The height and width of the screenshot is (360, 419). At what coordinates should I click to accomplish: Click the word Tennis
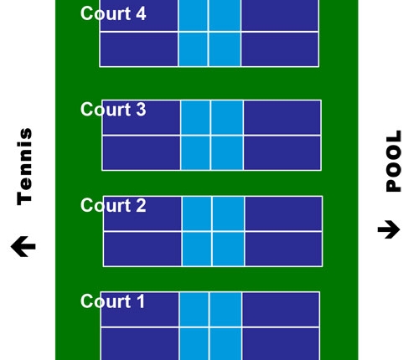click(x=24, y=167)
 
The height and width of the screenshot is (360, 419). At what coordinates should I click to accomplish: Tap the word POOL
click(x=394, y=161)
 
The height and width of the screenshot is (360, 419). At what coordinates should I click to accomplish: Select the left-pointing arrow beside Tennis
click(x=23, y=246)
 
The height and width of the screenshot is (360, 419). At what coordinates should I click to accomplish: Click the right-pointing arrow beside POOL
click(x=389, y=229)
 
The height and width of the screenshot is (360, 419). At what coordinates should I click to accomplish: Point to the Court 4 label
click(x=113, y=13)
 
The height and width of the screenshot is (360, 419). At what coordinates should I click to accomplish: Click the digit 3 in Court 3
click(x=141, y=110)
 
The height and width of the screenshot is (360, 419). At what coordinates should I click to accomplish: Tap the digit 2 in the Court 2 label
click(x=141, y=205)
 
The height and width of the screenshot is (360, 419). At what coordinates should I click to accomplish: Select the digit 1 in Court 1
click(x=141, y=301)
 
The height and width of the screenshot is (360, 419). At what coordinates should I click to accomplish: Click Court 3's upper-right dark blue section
click(x=282, y=117)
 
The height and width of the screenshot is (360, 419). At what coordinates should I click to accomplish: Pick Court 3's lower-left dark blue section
click(x=142, y=153)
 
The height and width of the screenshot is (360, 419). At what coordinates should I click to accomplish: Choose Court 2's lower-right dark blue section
click(x=283, y=249)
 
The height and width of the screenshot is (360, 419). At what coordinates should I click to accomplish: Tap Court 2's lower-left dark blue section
click(x=142, y=249)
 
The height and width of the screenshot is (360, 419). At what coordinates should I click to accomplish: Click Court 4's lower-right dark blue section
click(x=280, y=49)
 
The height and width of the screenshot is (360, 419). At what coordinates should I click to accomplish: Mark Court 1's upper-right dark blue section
click(x=281, y=309)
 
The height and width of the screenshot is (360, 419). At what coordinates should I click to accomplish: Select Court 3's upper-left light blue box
click(x=195, y=117)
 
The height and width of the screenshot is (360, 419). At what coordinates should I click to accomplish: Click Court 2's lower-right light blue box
click(x=228, y=249)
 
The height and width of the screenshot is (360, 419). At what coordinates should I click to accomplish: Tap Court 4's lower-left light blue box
click(x=193, y=49)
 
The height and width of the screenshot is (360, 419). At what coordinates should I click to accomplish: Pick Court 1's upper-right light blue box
click(x=225, y=309)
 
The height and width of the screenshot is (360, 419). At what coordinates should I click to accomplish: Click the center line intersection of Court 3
click(x=210, y=136)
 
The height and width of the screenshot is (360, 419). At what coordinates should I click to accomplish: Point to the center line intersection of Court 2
click(x=212, y=232)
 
